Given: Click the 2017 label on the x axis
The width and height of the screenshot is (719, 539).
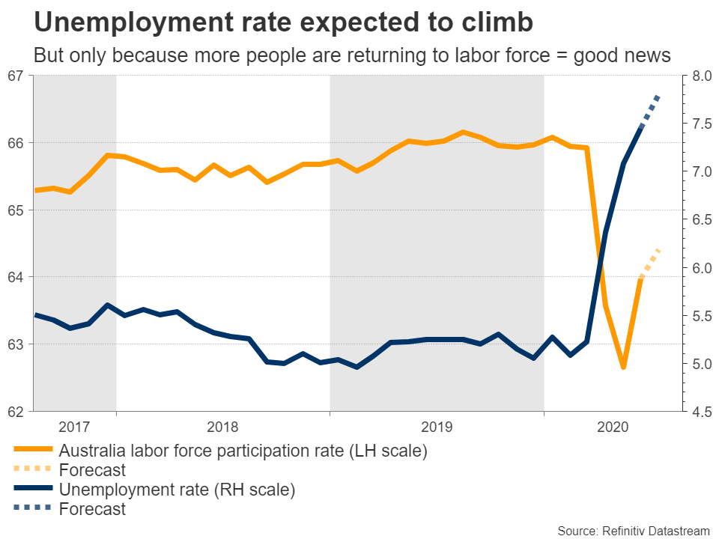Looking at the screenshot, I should click(x=74, y=427).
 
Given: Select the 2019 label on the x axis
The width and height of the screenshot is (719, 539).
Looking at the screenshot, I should click(x=437, y=427).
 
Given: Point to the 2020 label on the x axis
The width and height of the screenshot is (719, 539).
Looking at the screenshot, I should click(x=612, y=427).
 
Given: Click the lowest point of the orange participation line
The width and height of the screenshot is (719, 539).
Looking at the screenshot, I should click(x=623, y=367).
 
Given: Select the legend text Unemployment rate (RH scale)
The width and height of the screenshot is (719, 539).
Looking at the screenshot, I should click(x=177, y=490).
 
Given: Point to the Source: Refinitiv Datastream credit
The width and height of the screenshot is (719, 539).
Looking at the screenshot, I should click(x=633, y=530).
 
